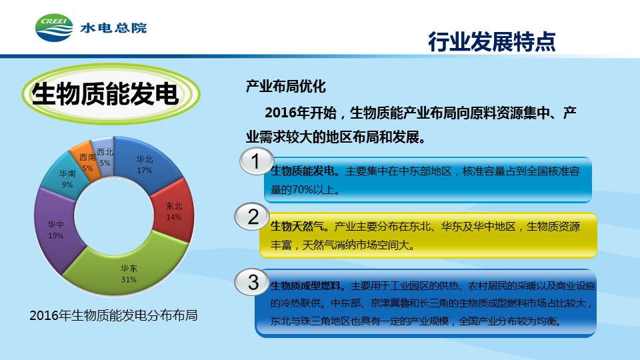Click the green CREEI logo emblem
coord(54,28)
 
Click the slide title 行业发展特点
coord(492,41)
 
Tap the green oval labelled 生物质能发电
coord(111,93)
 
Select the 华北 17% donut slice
coord(145,163)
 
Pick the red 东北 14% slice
coord(173,211)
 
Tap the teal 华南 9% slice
coord(65,178)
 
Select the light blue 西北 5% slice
coord(104,157)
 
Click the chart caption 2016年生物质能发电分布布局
coord(113,315)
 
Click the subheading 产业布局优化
coord(285,86)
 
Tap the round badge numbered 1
coord(256,161)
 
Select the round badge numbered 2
coord(253,216)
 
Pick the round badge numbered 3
coord(253,282)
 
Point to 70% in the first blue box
coord(303,190)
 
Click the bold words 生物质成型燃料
coord(306,286)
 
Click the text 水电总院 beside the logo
coord(113,28)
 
